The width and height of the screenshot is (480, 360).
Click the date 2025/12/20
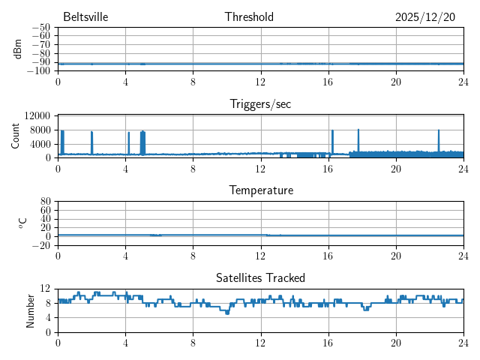click(425, 17)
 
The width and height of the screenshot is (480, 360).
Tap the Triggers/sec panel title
click(260, 104)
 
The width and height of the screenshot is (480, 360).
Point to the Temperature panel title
click(261, 190)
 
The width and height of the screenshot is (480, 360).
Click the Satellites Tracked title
click(260, 277)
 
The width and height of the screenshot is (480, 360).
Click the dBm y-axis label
click(17, 49)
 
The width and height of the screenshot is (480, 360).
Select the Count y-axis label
click(16, 136)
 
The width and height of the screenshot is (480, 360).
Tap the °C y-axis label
click(22, 223)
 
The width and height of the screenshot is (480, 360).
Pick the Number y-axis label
click(31, 310)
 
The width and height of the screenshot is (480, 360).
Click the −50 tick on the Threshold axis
click(40, 27)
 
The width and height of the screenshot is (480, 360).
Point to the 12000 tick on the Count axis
click(37, 115)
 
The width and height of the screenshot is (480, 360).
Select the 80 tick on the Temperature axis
click(45, 202)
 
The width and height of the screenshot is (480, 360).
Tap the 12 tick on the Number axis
click(45, 289)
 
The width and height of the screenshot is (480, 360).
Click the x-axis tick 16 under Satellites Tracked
click(328, 342)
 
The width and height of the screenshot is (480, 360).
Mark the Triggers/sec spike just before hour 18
click(358, 131)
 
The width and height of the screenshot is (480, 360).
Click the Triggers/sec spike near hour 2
click(91, 133)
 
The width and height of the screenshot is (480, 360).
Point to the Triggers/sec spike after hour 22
click(439, 132)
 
